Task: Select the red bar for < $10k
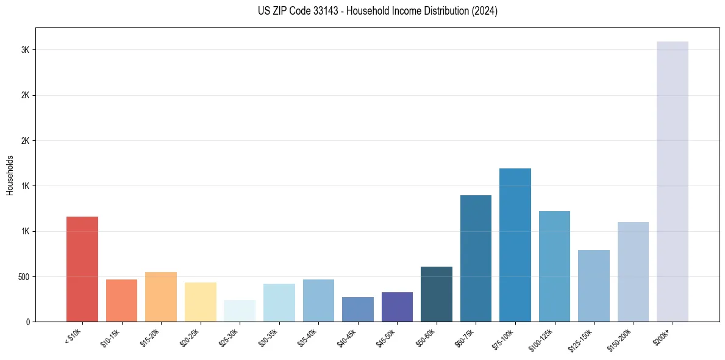click(82, 269)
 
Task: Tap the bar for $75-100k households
click(515, 245)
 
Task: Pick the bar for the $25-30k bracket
click(240, 311)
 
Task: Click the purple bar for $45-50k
click(397, 307)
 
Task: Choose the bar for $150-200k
click(633, 272)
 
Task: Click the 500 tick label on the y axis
click(22, 276)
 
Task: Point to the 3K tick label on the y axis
click(25, 50)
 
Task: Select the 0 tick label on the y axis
click(27, 322)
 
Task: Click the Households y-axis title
click(10, 175)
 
